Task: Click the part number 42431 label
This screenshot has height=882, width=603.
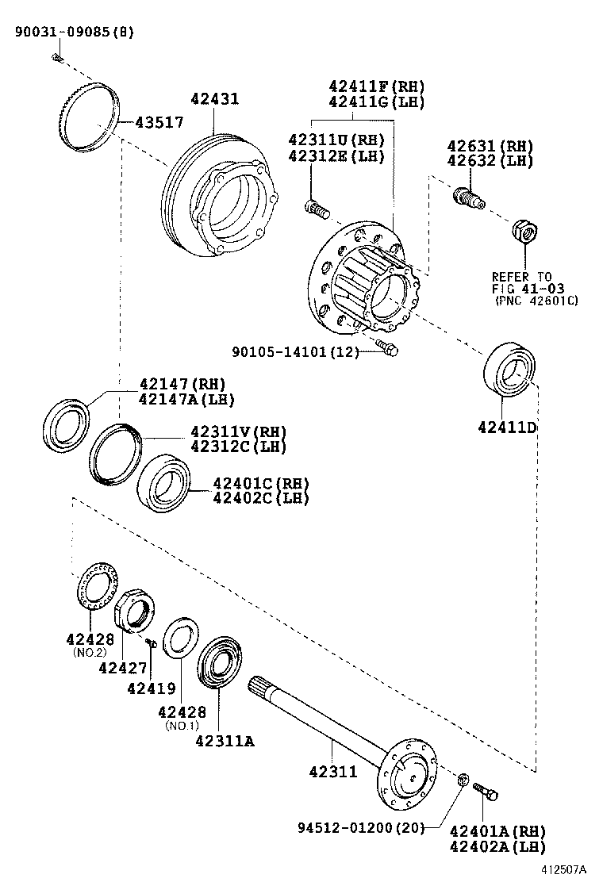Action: (214, 99)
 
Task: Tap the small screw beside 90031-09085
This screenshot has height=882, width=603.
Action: (56, 56)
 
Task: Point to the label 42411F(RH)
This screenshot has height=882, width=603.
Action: (378, 86)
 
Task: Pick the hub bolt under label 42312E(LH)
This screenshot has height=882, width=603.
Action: (315, 209)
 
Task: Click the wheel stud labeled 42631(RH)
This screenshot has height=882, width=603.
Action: (467, 196)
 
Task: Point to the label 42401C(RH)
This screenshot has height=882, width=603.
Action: (260, 483)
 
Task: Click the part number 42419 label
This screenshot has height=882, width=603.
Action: (151, 688)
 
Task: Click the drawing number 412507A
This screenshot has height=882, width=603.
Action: (567, 869)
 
